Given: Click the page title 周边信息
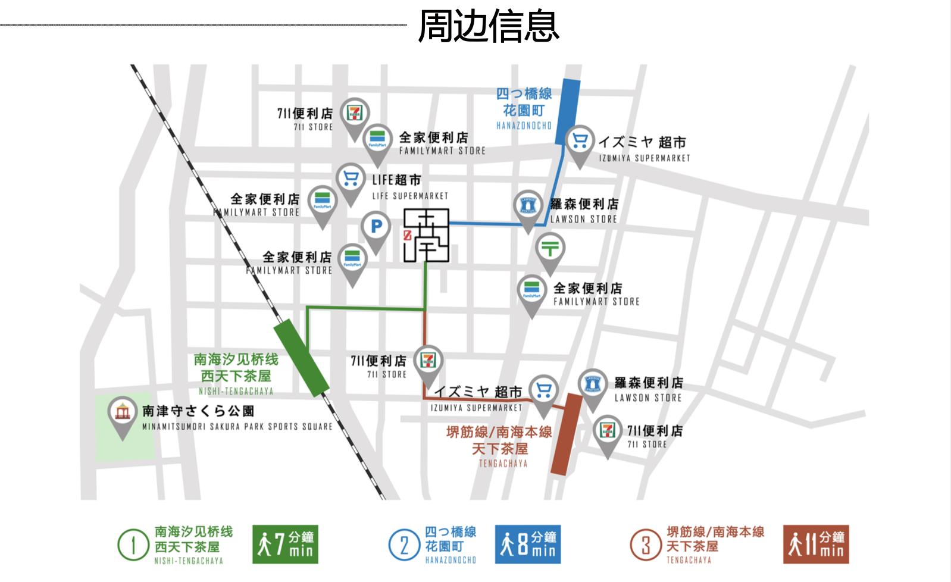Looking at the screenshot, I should [488, 25].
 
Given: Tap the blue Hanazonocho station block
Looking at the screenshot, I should [567, 111].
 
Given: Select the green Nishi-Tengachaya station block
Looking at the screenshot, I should [301, 358].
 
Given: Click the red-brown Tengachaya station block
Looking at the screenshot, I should [566, 434].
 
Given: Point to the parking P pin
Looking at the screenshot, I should [376, 227].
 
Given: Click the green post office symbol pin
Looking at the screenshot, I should [550, 249].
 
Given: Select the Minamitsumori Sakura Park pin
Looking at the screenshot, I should [123, 412].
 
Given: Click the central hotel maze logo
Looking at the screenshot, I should [426, 236].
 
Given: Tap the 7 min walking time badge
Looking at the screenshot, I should [285, 544].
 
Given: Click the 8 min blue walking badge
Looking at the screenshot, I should [527, 544].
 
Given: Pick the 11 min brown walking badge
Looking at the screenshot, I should [815, 544].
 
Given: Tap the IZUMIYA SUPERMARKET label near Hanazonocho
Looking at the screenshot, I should [644, 158].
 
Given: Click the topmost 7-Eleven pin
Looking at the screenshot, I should [355, 113].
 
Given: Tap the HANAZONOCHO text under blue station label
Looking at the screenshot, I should [524, 126].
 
